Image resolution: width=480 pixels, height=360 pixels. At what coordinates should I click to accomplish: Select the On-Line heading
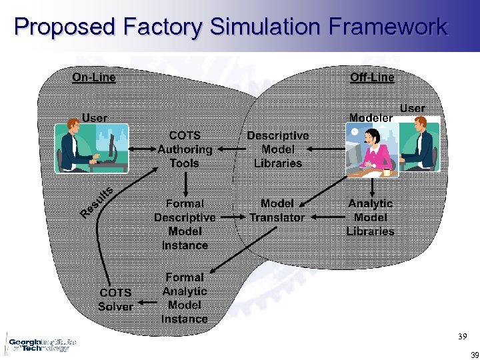click(x=94, y=77)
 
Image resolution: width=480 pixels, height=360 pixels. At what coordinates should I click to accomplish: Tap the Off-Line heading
click(x=372, y=77)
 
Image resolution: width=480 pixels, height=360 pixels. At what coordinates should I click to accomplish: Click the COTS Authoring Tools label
click(x=185, y=149)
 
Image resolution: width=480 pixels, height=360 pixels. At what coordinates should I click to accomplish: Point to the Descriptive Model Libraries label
click(x=277, y=149)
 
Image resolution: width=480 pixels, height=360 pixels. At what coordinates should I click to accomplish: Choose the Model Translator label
click(x=277, y=211)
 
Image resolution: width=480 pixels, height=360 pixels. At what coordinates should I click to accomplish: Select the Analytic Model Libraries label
click(x=370, y=217)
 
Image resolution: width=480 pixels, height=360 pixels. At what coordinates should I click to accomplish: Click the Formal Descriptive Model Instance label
click(x=185, y=224)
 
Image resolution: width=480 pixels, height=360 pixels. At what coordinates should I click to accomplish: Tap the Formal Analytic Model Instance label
click(x=185, y=298)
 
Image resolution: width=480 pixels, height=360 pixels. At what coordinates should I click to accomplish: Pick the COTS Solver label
click(x=115, y=300)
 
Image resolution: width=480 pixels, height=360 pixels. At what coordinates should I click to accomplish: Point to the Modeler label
click(x=371, y=118)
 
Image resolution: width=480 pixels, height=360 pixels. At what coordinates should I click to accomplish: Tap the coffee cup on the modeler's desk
click(x=387, y=172)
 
